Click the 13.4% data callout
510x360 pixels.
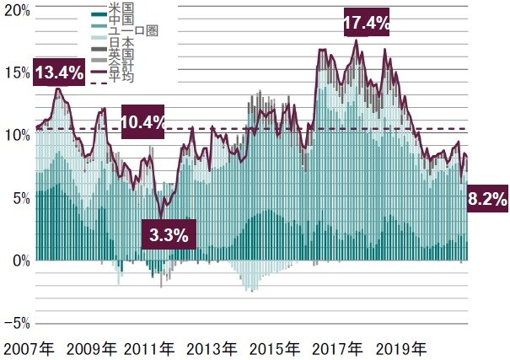tap(59, 73)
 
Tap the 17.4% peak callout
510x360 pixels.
tap(367, 24)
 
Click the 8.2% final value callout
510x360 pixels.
tap(486, 200)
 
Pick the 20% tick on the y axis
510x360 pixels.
tap(17, 12)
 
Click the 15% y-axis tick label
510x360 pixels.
tap(17, 73)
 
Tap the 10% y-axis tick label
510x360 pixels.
tap(17, 136)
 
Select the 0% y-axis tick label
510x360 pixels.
tap(20, 261)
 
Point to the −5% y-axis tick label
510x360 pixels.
tap(17, 323)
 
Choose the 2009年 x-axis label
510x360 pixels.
tap(92, 348)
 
